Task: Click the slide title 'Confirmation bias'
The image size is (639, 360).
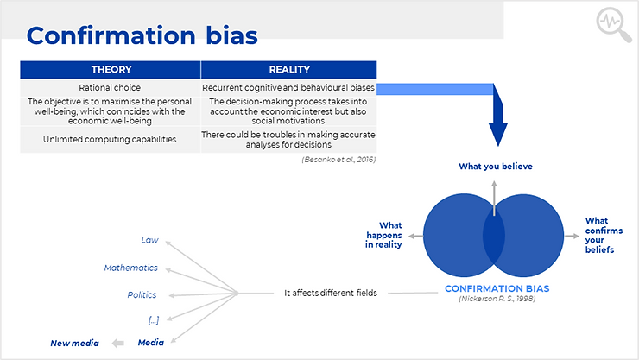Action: pos(142,35)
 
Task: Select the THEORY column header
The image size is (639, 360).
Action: pos(111,70)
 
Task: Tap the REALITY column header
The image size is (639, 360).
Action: pos(289,70)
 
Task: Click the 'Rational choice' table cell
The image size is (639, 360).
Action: pos(110,87)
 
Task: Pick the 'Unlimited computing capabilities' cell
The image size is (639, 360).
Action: pos(110,139)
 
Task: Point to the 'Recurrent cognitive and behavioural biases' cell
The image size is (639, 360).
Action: pos(288,87)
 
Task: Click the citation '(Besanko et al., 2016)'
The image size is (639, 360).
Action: pos(338,160)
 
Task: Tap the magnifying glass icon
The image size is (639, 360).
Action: pos(613,24)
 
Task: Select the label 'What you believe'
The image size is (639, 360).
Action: pos(496,166)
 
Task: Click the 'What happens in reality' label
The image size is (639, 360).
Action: pos(383,235)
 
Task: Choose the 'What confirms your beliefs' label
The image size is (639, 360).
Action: pos(604,235)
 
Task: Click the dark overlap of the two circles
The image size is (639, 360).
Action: pos(494,236)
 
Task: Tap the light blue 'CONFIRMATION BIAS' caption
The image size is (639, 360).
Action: pos(497,288)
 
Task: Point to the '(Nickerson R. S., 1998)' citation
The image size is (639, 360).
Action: pos(497,299)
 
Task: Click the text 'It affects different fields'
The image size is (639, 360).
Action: pos(331,293)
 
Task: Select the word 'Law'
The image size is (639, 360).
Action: pos(149,240)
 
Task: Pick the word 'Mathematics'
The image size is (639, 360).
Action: pos(130,268)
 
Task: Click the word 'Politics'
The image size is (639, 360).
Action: pos(142,295)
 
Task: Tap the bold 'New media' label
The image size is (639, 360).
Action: pos(74,344)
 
